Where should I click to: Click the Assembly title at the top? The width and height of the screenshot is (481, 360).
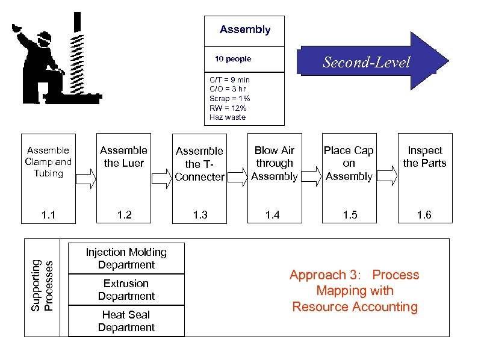(244, 29)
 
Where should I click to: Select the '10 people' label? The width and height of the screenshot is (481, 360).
(233, 59)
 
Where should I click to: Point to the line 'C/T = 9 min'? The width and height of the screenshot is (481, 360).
(229, 79)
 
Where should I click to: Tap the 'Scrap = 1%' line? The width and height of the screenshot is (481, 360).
(229, 98)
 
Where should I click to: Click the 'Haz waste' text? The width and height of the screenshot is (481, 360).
(228, 117)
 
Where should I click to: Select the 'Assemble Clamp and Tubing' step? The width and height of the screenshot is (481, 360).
(48, 162)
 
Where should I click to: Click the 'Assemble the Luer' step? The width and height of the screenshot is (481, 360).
(123, 157)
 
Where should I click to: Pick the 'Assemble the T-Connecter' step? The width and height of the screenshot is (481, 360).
(199, 163)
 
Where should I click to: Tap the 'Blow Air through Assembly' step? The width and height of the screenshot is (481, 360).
(274, 163)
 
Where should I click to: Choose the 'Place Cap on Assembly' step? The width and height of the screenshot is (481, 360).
(349, 163)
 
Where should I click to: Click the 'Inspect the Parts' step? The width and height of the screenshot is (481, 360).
(424, 157)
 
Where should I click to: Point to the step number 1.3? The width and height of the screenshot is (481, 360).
(200, 215)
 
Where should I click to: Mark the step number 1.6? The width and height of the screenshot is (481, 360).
(424, 215)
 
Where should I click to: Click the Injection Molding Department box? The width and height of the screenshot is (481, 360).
(126, 258)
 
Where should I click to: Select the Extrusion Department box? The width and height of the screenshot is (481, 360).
(126, 290)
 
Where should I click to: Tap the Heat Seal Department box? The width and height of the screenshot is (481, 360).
(126, 321)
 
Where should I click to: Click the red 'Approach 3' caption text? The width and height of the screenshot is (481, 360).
(354, 291)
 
